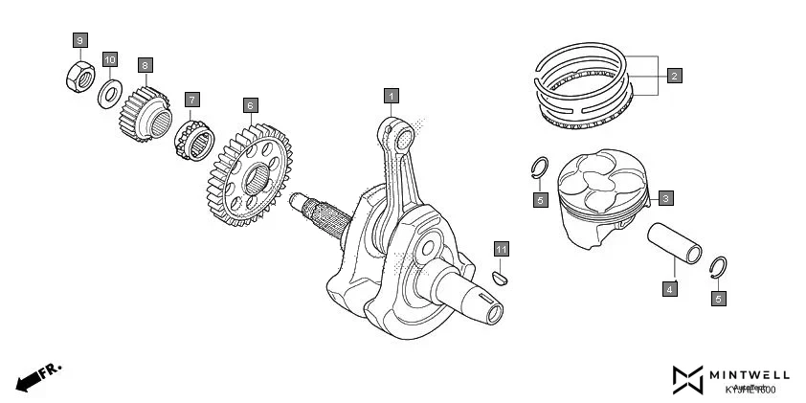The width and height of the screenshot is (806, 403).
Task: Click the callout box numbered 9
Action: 80,39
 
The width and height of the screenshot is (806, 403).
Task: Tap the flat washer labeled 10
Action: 110,94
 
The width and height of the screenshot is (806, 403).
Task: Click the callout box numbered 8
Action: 146,65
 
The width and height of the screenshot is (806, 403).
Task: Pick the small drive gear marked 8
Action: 145,113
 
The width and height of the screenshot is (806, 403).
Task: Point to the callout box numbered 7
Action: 192,100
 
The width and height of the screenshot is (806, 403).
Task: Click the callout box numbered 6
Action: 250,104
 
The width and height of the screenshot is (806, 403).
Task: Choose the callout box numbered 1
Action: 392,95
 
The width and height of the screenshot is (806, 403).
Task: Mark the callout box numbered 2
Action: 674,76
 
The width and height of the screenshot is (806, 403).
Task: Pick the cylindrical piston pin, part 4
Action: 680,244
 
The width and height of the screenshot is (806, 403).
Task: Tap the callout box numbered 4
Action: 670,288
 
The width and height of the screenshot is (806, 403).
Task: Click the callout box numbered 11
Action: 502,249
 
